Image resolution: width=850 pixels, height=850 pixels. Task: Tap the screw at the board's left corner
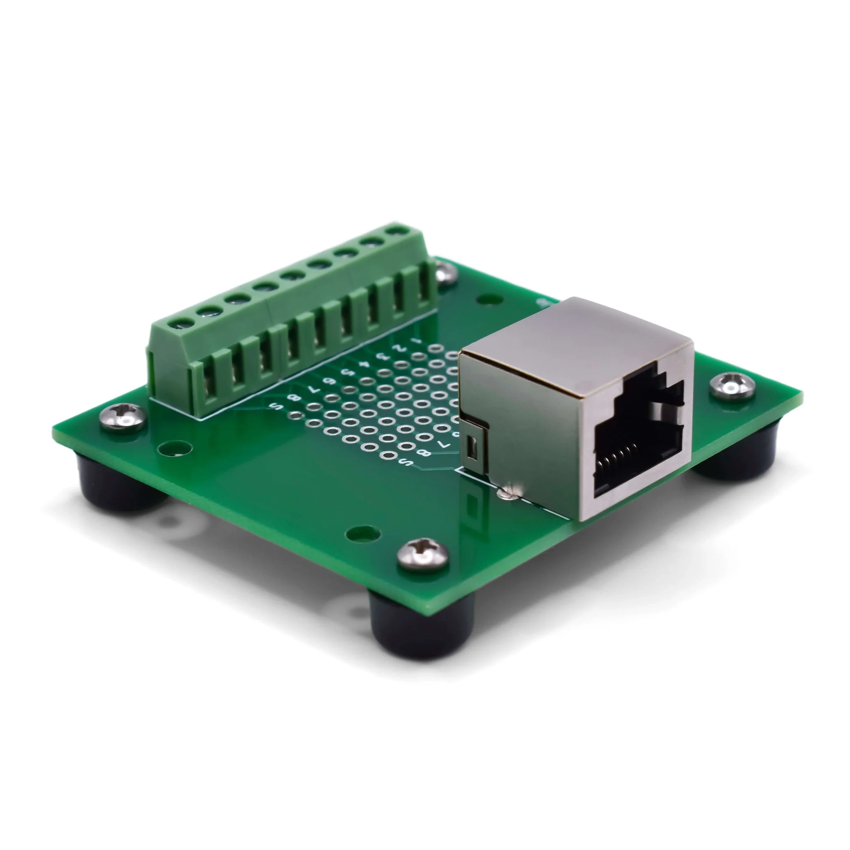(123, 416)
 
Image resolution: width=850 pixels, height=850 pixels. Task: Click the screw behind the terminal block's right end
(445, 273)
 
